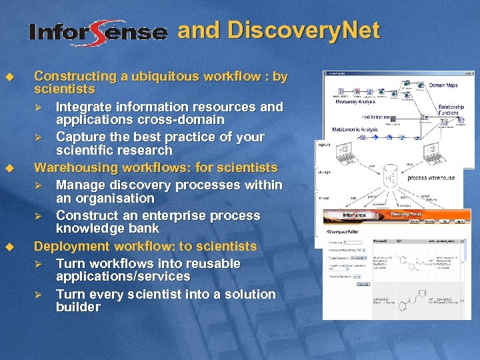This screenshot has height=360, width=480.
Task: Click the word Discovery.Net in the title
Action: [303, 31]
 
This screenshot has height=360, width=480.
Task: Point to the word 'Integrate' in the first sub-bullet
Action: [84, 107]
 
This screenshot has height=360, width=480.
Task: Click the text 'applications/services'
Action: [123, 277]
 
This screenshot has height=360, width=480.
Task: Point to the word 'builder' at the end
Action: [78, 307]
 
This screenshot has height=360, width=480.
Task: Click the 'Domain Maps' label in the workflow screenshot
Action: [443, 85]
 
